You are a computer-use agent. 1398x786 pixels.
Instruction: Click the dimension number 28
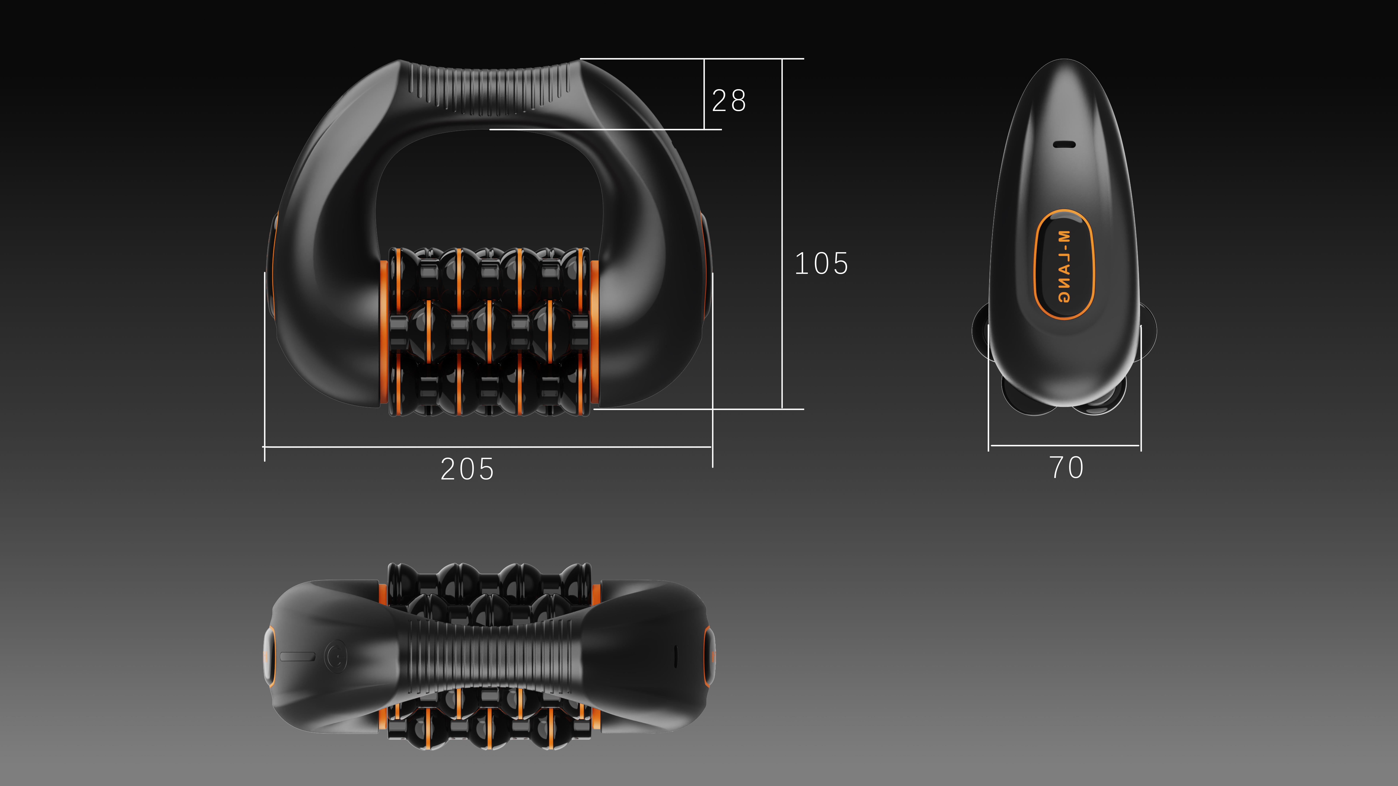(729, 101)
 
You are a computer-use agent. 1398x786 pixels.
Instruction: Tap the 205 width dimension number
(467, 469)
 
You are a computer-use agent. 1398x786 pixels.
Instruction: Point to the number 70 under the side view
(1066, 468)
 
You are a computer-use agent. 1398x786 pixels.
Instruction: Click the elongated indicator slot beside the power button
(297, 656)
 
